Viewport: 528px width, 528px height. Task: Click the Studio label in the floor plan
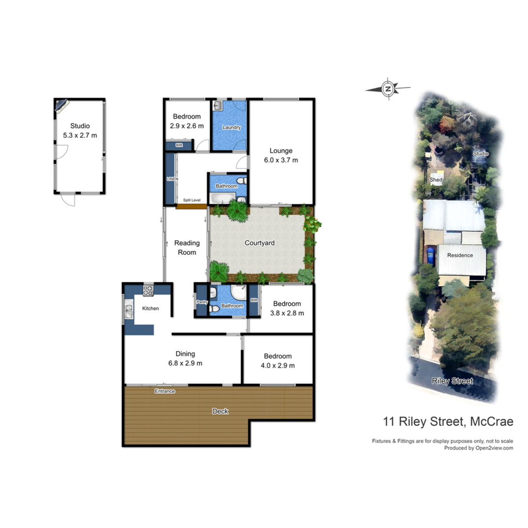tap(80, 126)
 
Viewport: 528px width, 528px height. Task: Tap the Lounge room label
tap(281, 151)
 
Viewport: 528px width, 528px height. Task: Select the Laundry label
tap(231, 128)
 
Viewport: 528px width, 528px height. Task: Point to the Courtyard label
tap(260, 243)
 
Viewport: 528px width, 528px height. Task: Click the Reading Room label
tap(187, 248)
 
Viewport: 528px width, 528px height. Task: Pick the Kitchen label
tap(150, 308)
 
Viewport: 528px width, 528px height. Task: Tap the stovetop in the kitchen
tap(148, 290)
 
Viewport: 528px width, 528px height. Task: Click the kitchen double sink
tap(128, 312)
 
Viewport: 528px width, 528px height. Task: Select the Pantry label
tap(202, 302)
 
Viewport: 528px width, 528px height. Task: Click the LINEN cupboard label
tap(172, 179)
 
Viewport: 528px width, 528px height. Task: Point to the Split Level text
tap(192, 200)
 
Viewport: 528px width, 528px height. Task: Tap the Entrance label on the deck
tap(165, 391)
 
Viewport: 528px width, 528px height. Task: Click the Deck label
tap(220, 411)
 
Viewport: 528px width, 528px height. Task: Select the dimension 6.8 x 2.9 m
tap(185, 363)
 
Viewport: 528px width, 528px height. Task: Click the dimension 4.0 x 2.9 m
tap(278, 366)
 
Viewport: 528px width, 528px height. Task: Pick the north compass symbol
tap(388, 89)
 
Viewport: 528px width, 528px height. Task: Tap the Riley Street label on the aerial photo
tap(452, 381)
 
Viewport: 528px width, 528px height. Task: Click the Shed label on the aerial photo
tap(436, 180)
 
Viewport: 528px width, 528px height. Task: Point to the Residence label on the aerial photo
tap(460, 255)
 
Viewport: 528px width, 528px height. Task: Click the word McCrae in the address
tap(491, 422)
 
